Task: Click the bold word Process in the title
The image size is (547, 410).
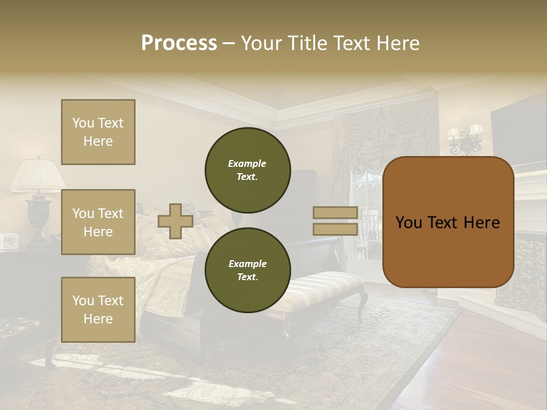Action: pos(179,43)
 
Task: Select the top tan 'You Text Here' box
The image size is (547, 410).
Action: pos(98,132)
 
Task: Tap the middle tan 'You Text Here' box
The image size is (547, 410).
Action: pos(98,222)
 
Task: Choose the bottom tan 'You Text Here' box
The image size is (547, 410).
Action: pos(98,310)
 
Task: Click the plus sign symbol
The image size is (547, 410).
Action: pos(175,221)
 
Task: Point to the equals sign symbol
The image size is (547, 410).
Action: pos(336,221)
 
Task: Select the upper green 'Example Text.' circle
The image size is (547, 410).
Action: pos(247,170)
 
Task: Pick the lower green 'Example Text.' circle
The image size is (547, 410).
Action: pos(247,270)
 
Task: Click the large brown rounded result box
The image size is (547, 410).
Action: pos(448,222)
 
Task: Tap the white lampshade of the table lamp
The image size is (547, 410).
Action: pos(38,175)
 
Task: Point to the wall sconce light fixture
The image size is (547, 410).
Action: pos(466,140)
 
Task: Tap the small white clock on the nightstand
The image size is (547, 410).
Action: pos(9,241)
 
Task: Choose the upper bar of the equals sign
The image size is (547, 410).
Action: pos(336,213)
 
